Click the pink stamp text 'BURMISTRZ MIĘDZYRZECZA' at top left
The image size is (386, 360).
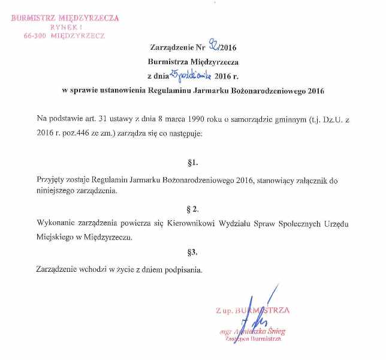coord(65,18)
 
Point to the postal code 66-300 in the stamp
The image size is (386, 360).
coord(36,36)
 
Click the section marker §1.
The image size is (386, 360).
coord(192,163)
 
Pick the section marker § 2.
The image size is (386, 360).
coord(192,208)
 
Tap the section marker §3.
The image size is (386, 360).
coord(192,253)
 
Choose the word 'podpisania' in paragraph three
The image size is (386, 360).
coord(185,269)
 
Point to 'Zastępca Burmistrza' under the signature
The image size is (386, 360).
coord(252,339)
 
